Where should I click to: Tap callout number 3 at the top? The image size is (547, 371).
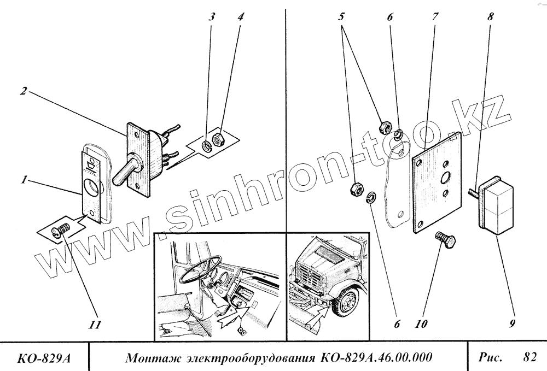pyautogui.click(x=212, y=16)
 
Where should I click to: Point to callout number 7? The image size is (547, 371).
pyautogui.click(x=434, y=16)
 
